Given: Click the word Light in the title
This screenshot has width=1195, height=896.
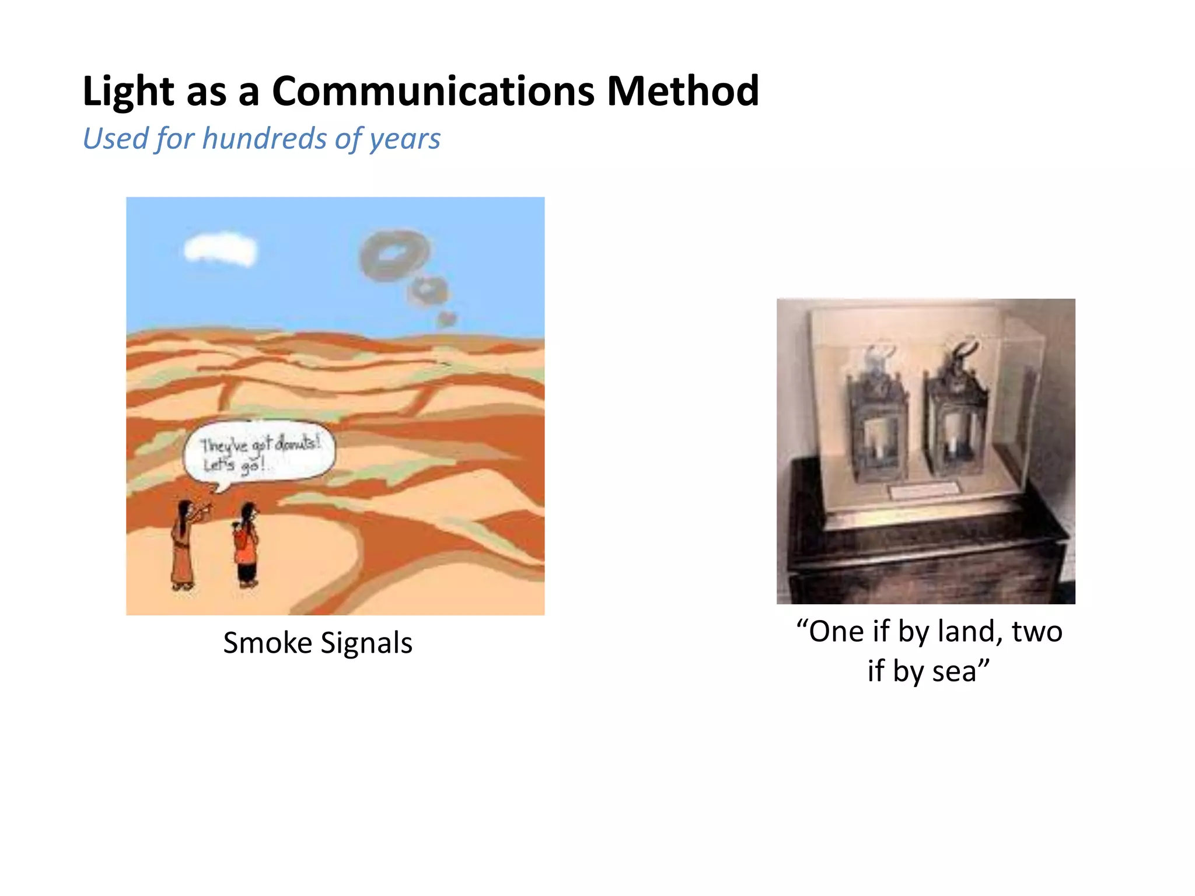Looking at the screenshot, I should pos(128,92).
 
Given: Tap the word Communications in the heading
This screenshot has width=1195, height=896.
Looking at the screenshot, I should pos(432,92).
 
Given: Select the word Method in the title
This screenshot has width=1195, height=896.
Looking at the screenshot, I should pos(682,92).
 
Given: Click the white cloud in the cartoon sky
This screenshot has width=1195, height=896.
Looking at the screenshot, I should pos(220,250).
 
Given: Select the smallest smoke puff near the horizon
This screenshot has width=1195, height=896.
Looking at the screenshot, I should pos(447,319).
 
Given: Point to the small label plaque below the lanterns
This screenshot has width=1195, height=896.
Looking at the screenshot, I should pos(924,491).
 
